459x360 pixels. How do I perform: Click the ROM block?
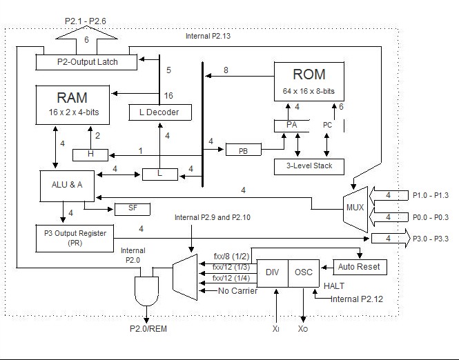309,81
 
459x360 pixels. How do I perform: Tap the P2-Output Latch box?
87,62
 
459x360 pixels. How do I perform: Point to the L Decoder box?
159,110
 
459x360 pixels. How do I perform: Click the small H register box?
90,154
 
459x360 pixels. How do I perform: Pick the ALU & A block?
62,185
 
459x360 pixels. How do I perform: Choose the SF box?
132,208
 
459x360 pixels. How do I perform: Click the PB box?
243,150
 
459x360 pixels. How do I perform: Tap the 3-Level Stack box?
304,166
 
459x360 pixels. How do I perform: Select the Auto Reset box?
359,266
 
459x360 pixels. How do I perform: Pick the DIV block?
271,272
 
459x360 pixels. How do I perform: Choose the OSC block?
304,272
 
